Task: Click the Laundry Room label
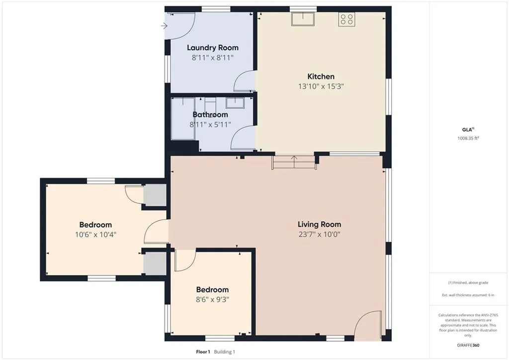pos(212,48)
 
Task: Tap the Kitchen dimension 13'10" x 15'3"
pos(321,86)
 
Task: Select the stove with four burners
pos(346,19)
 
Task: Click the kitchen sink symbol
pos(303,19)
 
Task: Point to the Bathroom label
pos(210,114)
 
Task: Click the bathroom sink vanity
pos(234,103)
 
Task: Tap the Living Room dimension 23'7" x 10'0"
pos(319,234)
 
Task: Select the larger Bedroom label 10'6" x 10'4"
pos(95,225)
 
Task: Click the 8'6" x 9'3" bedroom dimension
pos(212,299)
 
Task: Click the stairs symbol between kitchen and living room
pos(294,163)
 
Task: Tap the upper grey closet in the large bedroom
pos(154,195)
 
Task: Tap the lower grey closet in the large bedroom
pos(154,263)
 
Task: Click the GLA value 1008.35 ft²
pos(469,139)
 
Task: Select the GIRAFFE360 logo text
pos(469,345)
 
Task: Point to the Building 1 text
pos(225,352)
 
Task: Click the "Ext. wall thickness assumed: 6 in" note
pos(469,295)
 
